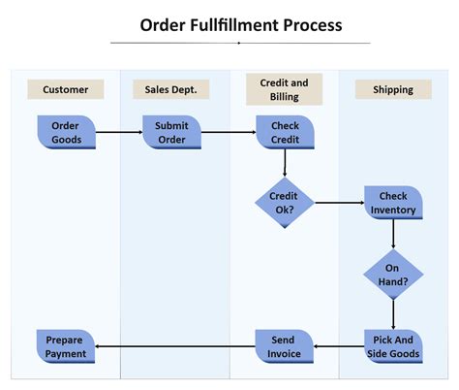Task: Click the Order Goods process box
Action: pyautogui.click(x=66, y=132)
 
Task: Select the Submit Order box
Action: pyautogui.click(x=171, y=132)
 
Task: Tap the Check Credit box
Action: pyautogui.click(x=285, y=132)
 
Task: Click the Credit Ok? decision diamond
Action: pyautogui.click(x=285, y=203)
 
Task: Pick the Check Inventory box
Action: pyautogui.click(x=393, y=203)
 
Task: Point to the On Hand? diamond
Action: pyautogui.click(x=393, y=274)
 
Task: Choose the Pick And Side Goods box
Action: pyautogui.click(x=393, y=346)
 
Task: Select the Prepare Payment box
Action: pyautogui.click(x=66, y=346)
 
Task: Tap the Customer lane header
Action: pyautogui.click(x=66, y=89)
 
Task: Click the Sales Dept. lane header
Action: pyautogui.click(x=171, y=89)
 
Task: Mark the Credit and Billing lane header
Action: pyautogui.click(x=285, y=89)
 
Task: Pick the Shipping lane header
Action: pyautogui.click(x=393, y=89)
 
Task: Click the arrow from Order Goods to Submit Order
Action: pyautogui.click(x=118, y=132)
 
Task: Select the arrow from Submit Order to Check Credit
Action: pyautogui.click(x=228, y=132)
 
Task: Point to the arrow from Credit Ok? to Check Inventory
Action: pyautogui.click(x=339, y=203)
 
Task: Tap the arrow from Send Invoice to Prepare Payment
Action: pyautogui.click(x=175, y=346)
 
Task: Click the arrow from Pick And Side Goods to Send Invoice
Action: pyautogui.click(x=339, y=346)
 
